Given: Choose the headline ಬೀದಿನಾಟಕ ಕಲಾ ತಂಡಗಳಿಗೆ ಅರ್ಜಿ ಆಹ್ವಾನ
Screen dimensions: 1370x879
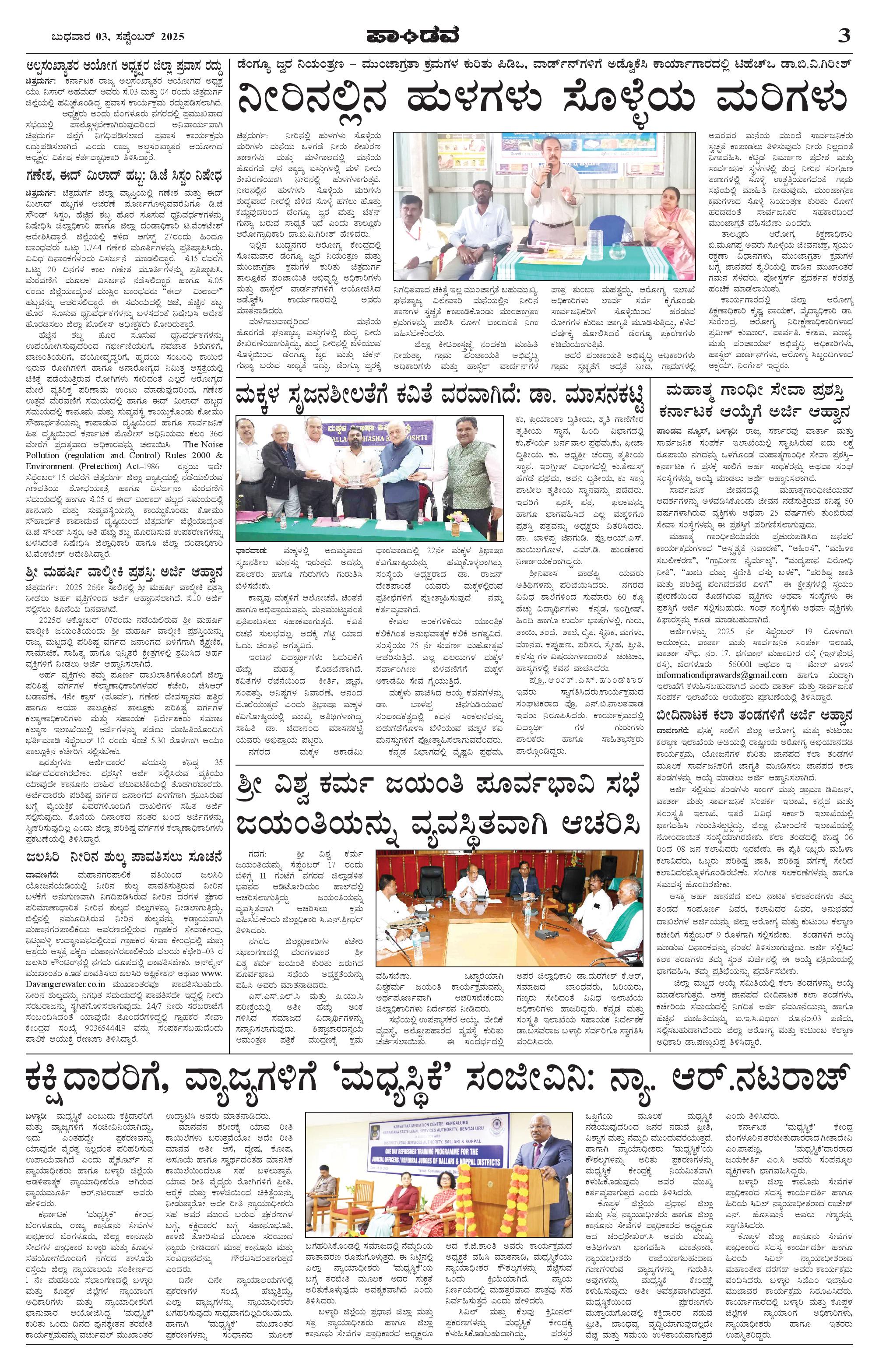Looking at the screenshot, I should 755,714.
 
